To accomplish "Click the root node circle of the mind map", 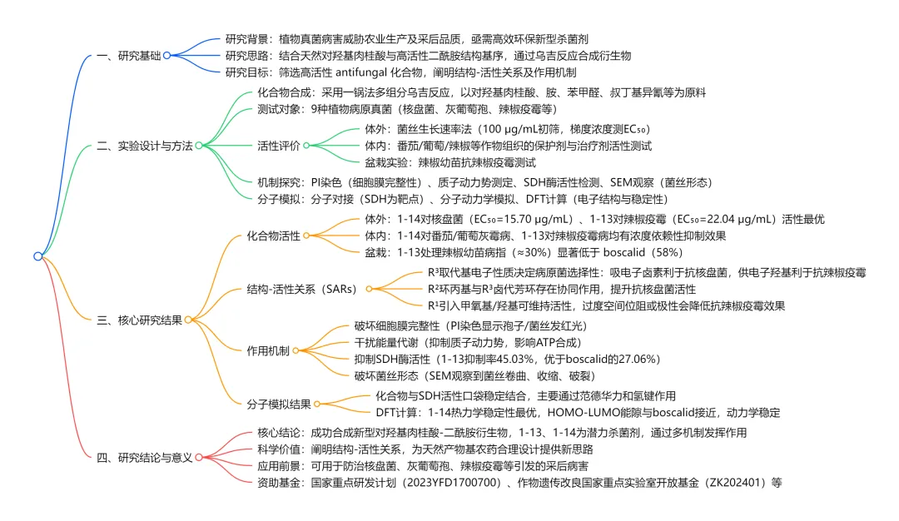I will point(37,256).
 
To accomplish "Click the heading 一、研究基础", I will point(128,56).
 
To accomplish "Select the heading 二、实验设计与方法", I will point(145,146).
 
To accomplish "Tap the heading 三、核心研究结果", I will point(139,319).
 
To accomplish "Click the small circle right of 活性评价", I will point(305,146).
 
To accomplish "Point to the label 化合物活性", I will point(274,236).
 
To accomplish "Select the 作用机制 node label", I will point(268,350).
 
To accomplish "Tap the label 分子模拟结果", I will point(279,404).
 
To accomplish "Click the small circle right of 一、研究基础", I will point(167,56).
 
